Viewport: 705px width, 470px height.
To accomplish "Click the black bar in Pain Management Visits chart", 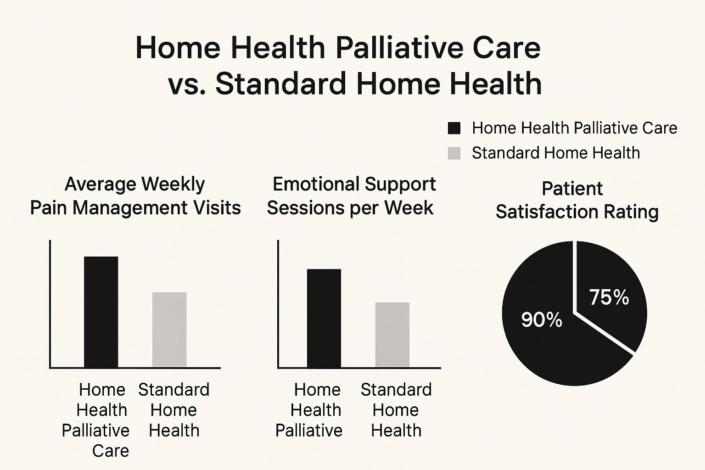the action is coord(101,312).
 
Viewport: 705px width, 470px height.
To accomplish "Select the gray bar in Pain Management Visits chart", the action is coord(169,330).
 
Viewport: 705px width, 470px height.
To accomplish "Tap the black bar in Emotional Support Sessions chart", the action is coord(324,318).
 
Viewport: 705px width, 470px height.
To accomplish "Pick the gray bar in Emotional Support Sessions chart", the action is coord(392,335).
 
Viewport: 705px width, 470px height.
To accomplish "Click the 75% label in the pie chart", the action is coord(609,297).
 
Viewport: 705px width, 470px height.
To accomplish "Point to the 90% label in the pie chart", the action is coord(542,320).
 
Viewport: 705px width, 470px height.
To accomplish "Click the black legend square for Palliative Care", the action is coord(454,129).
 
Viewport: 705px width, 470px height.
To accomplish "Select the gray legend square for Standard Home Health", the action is coord(454,153).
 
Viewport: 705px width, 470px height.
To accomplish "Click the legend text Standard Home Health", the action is coord(556,153).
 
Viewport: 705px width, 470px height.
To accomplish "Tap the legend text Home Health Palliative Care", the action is coord(574,128).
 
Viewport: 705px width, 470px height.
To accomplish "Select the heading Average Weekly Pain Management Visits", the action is coord(135,196).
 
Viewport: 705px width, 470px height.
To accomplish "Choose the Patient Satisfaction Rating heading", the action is coord(577,200).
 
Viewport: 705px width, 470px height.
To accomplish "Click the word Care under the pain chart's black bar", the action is coord(111,451).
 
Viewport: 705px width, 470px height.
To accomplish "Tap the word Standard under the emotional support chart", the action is coord(396,390).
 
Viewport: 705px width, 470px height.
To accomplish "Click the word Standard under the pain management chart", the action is coord(174,390).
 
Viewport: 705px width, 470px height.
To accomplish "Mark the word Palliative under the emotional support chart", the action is coord(309,431).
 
